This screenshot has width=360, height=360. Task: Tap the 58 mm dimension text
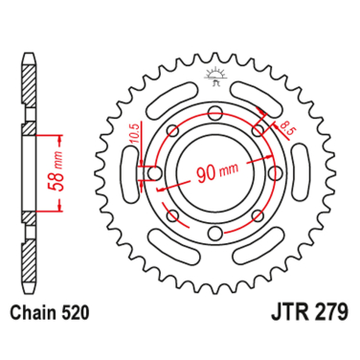click(x=56, y=173)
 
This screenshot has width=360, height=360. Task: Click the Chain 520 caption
click(x=49, y=313)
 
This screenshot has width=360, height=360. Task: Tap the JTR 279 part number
click(x=309, y=313)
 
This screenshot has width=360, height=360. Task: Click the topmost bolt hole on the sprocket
click(x=215, y=113)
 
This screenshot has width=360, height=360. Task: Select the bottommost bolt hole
click(x=215, y=233)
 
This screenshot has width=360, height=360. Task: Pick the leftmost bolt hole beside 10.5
click(x=155, y=173)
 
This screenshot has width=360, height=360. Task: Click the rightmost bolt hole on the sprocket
click(x=275, y=173)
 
